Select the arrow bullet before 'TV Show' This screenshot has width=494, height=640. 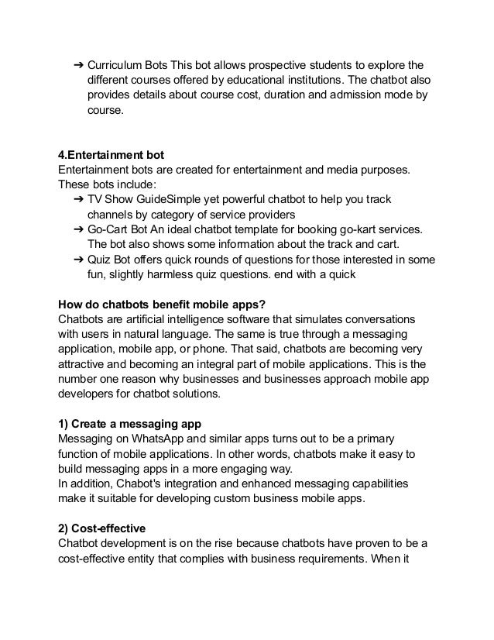[x=77, y=199]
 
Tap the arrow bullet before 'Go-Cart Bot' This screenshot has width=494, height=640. [x=77, y=229]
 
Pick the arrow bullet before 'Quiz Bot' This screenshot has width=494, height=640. [x=77, y=260]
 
